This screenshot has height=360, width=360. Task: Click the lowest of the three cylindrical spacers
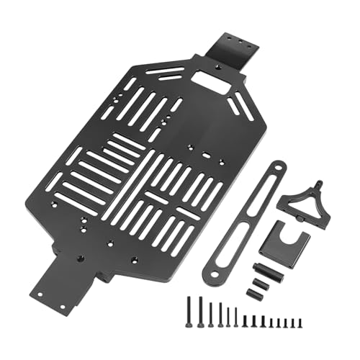point(256,293)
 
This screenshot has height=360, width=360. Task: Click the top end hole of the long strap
point(276,169)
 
